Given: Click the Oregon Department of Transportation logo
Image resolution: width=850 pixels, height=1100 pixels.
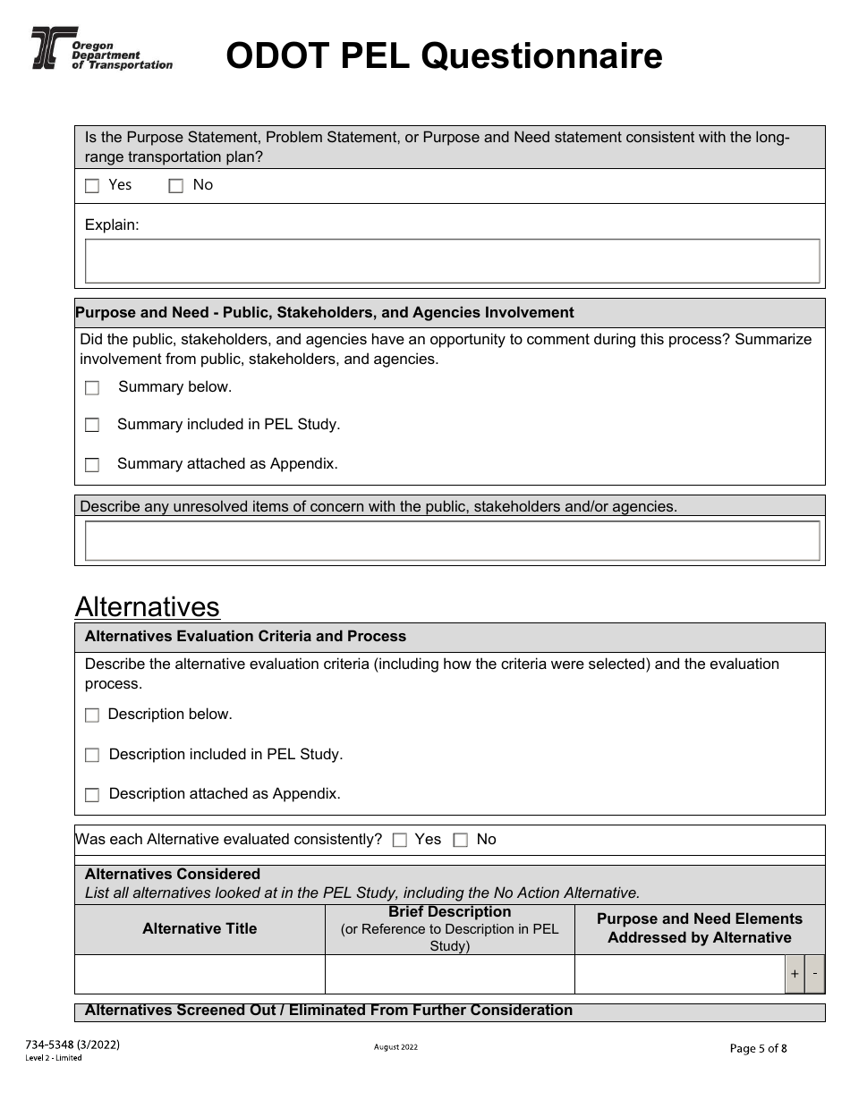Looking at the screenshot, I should tap(101, 49).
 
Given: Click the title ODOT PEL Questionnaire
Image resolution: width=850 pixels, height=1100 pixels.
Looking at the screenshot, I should tap(444, 56).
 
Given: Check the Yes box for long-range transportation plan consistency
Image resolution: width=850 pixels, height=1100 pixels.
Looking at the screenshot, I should tap(92, 186).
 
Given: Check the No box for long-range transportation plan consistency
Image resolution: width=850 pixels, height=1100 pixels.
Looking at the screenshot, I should tap(176, 186).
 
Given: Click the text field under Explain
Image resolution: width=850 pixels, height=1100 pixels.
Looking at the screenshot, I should tap(452, 261).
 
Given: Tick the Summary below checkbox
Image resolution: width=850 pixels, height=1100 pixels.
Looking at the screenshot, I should tap(92, 388).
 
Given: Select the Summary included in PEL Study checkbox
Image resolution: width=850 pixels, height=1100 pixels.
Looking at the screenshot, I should tap(92, 426).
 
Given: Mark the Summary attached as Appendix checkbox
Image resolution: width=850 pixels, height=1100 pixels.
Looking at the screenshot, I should tap(92, 465).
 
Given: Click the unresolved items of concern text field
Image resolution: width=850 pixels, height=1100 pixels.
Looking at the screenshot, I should tap(452, 541).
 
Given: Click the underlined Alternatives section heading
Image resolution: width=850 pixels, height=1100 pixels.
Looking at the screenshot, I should tap(148, 607).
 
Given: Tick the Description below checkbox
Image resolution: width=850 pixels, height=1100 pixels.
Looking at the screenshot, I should tap(92, 715).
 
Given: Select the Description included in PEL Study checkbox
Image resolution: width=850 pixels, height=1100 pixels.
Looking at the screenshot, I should tap(92, 756).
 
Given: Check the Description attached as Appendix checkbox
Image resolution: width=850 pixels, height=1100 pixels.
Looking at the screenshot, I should tap(92, 795).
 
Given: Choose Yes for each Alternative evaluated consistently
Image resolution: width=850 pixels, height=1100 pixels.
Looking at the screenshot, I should tap(400, 841).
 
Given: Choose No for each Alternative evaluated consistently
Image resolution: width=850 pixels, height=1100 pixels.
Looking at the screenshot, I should tap(461, 841).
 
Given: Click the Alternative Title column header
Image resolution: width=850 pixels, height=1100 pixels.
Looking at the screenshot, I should tap(200, 929).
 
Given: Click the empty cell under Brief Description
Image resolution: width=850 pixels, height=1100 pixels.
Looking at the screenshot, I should tap(449, 975).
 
